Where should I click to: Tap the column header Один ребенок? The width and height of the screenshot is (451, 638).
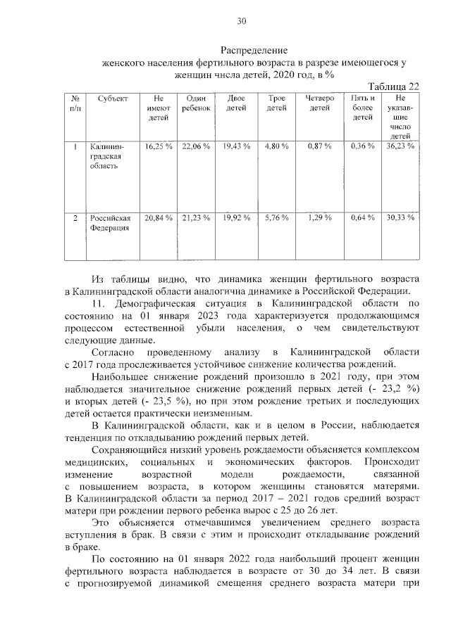point(195,104)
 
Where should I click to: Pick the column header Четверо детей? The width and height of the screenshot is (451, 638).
point(319,104)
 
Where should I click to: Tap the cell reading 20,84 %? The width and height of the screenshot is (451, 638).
point(159,219)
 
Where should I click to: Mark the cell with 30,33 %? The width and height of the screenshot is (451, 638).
point(400,219)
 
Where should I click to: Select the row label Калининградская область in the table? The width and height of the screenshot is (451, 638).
point(106,157)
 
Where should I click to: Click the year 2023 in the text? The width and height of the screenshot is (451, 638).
point(200,316)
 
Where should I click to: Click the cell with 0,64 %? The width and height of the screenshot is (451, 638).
point(362,219)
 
